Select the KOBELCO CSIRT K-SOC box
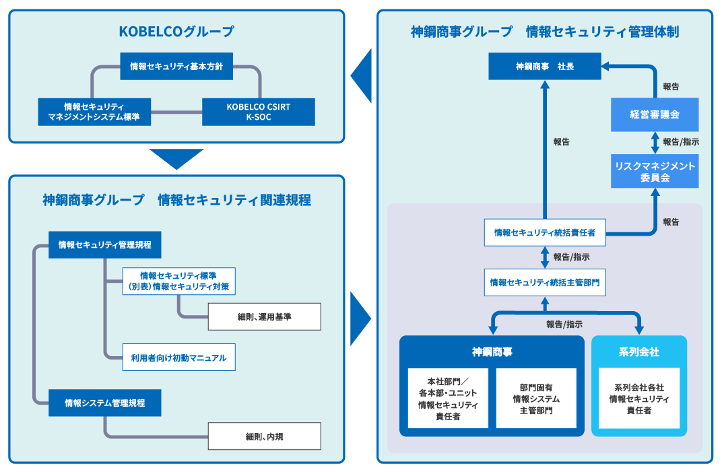click(259, 112)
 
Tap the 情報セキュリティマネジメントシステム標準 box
click(94, 112)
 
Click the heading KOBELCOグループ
click(176, 32)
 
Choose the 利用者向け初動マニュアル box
click(178, 358)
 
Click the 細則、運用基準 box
click(264, 316)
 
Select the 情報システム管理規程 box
click(105, 403)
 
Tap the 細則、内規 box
click(264, 436)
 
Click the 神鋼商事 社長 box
click(545, 67)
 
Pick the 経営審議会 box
click(655, 114)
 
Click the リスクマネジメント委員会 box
click(655, 171)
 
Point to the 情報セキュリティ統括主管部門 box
click(544, 283)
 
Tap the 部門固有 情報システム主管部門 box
click(536, 399)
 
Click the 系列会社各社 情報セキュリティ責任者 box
click(639, 399)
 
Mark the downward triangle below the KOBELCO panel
click(176, 159)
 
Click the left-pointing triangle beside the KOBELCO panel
click(362, 75)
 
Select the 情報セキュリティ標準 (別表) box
click(179, 281)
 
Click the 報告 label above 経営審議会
click(671, 87)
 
